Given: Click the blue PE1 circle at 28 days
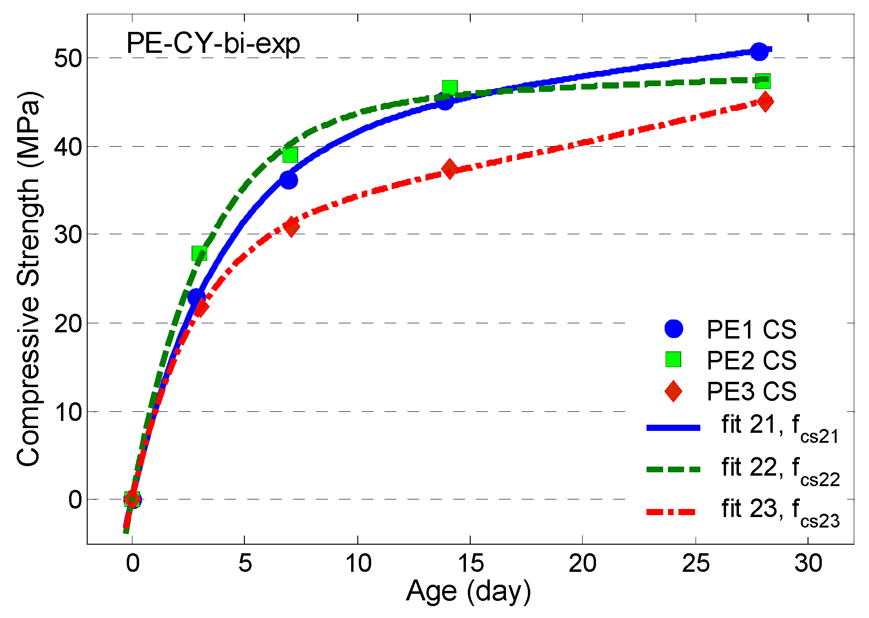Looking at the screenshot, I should point(759,51).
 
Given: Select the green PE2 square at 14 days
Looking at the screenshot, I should point(450,88).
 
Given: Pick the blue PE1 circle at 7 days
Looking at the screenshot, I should point(289,180).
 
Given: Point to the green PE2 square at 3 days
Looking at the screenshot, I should point(199,254).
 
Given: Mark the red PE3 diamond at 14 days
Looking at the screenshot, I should point(449,169).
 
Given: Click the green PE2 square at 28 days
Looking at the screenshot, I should point(763,81).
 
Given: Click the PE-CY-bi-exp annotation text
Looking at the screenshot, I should point(213,44).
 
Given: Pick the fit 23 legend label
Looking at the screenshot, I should point(779,510).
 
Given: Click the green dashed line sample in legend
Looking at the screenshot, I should point(673,469).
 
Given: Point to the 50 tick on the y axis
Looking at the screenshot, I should point(68,58).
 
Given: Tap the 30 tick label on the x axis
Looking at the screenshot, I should point(808,563).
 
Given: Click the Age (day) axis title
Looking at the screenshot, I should point(468,591).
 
